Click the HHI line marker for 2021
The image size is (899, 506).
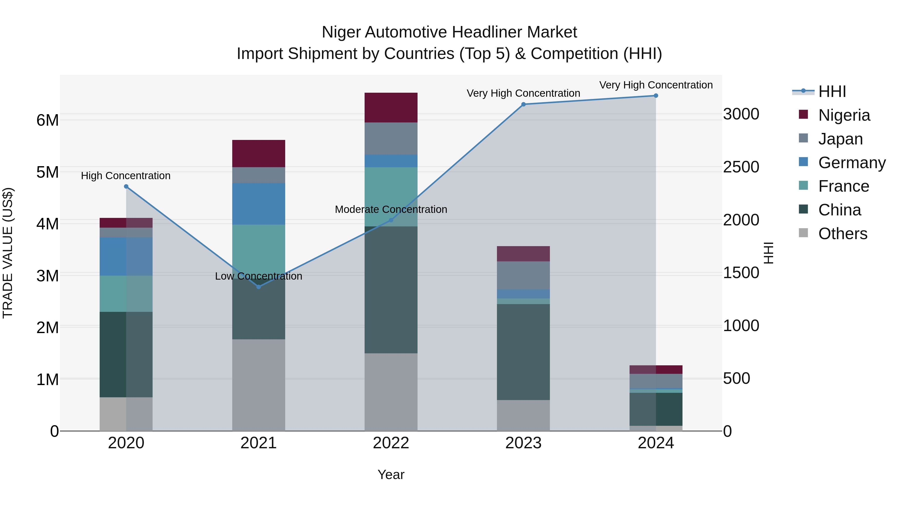(259, 287)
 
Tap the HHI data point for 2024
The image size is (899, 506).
(656, 96)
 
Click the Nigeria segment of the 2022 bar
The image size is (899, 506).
(391, 107)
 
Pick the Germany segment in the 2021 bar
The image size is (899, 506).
(259, 204)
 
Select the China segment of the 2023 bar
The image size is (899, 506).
(523, 352)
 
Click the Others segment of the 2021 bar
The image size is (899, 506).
(259, 385)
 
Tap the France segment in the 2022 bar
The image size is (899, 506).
(391, 197)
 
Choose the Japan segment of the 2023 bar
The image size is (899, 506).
(523, 275)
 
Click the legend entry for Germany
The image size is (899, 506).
(852, 163)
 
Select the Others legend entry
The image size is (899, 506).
(843, 234)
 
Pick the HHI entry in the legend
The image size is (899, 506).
(832, 91)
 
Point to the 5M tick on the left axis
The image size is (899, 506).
(48, 172)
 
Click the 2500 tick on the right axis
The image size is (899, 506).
(741, 167)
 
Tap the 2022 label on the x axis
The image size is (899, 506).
(391, 443)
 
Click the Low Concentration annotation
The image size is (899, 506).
(259, 276)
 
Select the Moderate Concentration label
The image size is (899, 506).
(391, 210)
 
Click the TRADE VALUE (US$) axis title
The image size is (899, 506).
(8, 253)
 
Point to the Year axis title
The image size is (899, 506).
(391, 475)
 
